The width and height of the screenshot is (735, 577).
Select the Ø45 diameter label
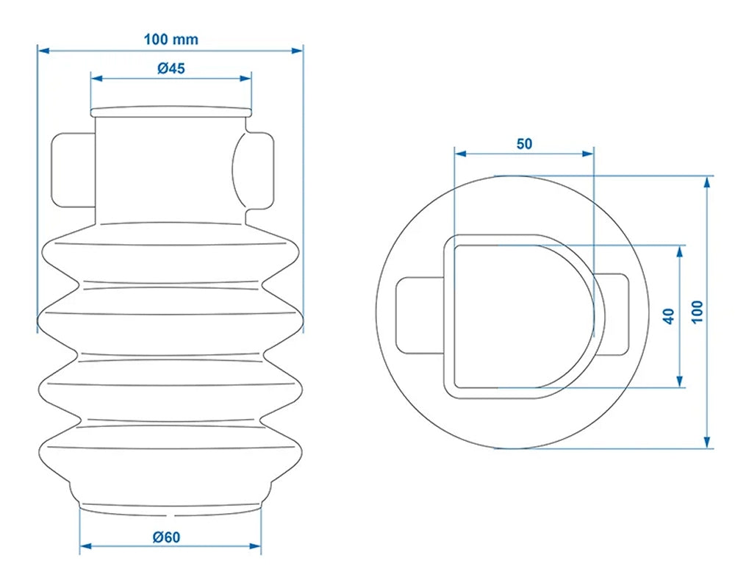coord(171,68)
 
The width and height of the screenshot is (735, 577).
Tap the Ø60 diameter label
coord(168,537)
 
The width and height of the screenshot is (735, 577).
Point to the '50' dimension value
coord(524,143)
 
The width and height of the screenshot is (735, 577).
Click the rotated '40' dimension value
coord(668,316)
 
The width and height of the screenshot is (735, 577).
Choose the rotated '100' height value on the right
coord(697,312)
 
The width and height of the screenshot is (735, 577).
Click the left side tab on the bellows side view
coord(72,171)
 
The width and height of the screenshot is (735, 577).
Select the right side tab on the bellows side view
coord(259,171)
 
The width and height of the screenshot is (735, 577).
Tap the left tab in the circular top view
coord(419,315)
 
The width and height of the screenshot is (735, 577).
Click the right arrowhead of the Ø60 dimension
coord(257,546)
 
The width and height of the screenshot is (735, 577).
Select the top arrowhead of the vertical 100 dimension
coord(708,181)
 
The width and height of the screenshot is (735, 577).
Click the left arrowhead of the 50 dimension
coord(459,154)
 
